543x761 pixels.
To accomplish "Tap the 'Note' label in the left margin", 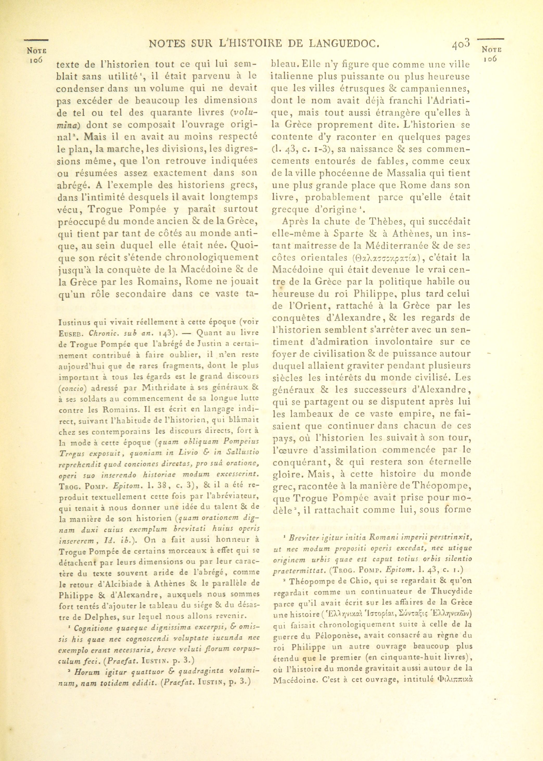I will point(36,51).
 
